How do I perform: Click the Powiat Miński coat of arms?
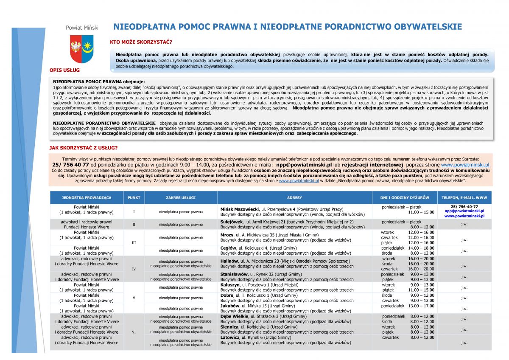coord(81,48)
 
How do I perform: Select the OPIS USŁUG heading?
coord(64,70)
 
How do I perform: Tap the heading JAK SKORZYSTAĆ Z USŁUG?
coord(84,148)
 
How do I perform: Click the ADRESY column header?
coord(294,198)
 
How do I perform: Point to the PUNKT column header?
coord(134,198)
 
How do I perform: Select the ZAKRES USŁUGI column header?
coord(181,198)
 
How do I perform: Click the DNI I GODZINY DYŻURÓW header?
coord(401,198)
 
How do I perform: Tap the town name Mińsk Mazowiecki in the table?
coord(240,209)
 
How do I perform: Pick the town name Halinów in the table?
coord(229,261)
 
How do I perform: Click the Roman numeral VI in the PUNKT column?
coord(134,332)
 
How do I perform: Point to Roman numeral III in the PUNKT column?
coord(134,243)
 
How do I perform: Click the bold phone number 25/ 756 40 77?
coord(70,164)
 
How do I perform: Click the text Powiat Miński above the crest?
coord(82,28)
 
